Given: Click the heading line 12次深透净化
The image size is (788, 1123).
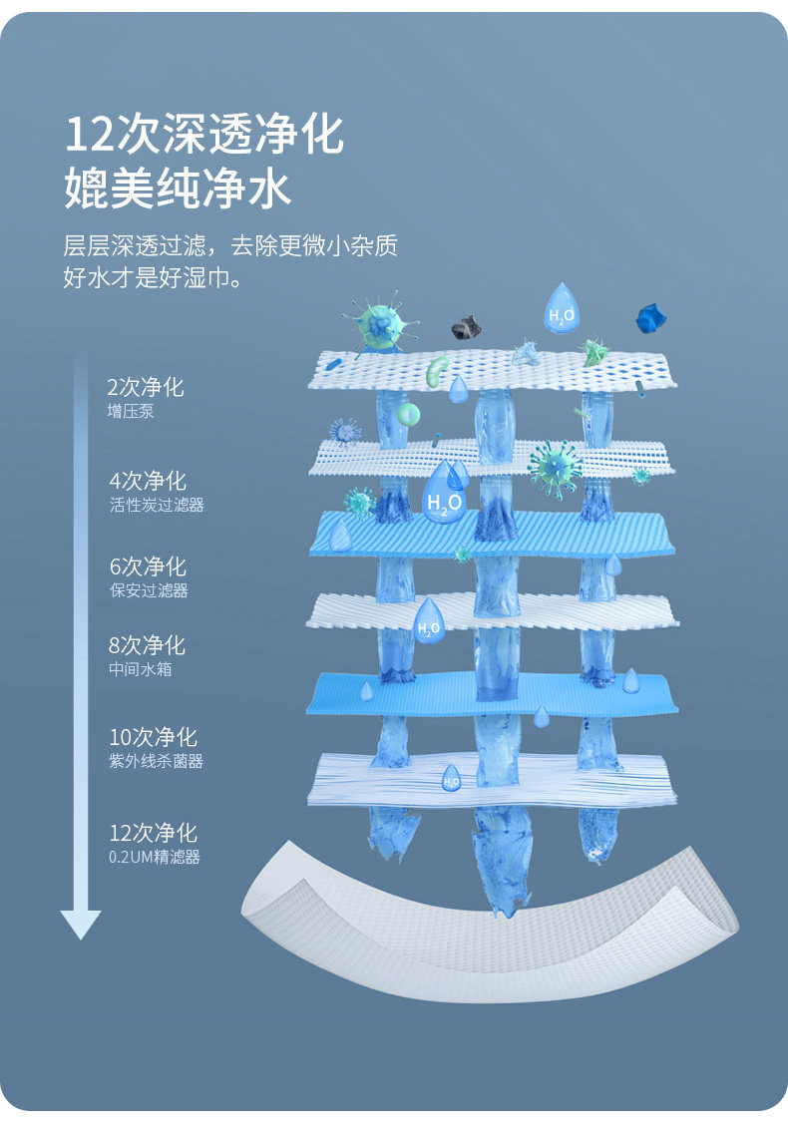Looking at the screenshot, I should (204, 135).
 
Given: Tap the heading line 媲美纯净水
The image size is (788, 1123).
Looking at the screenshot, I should (179, 188).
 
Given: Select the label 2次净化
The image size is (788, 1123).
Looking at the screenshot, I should (146, 388).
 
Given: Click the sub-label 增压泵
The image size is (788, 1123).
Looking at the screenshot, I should (131, 411).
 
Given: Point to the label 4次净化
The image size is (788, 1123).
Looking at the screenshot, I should (148, 482).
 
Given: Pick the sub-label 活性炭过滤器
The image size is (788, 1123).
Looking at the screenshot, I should (157, 505).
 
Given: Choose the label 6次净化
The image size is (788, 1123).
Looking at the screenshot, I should (148, 566).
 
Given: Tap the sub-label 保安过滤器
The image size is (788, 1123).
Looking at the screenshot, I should (149, 590).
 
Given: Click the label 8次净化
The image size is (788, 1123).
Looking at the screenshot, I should (147, 645).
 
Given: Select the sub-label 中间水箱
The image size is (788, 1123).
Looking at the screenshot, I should (141, 668).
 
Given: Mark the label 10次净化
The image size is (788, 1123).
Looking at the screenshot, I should (154, 737).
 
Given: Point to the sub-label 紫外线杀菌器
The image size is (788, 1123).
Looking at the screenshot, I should (157, 761).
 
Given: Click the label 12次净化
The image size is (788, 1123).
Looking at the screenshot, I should (154, 833).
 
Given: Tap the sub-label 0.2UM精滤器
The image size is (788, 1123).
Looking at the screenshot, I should (155, 857).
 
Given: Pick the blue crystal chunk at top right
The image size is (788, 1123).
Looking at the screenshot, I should (650, 318).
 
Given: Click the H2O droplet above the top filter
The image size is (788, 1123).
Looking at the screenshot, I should (561, 306).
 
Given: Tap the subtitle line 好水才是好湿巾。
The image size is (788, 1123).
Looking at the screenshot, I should (153, 278).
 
